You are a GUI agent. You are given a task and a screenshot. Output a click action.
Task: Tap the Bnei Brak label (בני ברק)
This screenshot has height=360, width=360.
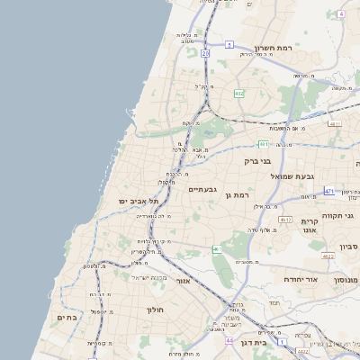pos(257,161)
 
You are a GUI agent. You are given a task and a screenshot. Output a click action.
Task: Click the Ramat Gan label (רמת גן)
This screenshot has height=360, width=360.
pos(241,194)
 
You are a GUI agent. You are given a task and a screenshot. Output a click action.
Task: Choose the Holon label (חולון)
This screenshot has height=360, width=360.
pos(154,309)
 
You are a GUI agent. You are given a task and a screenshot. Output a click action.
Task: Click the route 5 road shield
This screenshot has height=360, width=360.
pos(229,44)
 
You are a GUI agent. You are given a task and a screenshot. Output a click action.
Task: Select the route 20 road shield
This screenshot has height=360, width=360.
pos(205,54)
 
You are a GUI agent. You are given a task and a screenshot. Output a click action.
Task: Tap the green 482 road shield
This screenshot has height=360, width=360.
pos(239,94)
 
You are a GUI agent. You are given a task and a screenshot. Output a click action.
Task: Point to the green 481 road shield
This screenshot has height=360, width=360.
pos(264,143)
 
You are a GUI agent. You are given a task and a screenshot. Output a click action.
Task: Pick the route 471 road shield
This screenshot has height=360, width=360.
pos(330,191)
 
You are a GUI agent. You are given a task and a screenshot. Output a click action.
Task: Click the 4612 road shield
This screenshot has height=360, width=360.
pos(285,219)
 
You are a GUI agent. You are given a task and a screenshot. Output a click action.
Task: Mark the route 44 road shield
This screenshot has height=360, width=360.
pos(229,341)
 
